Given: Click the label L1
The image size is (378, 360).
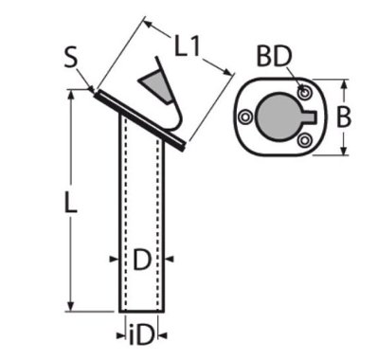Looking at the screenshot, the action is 188,46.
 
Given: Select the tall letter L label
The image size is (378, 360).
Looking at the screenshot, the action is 71,202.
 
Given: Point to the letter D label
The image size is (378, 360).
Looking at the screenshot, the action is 142,260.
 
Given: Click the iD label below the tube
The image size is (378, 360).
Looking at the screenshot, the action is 141,335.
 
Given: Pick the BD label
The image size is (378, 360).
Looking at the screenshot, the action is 275,57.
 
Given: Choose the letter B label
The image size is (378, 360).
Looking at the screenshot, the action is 343,117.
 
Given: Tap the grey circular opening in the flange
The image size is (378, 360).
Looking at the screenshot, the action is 278,117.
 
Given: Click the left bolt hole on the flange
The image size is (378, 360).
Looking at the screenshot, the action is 245,117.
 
